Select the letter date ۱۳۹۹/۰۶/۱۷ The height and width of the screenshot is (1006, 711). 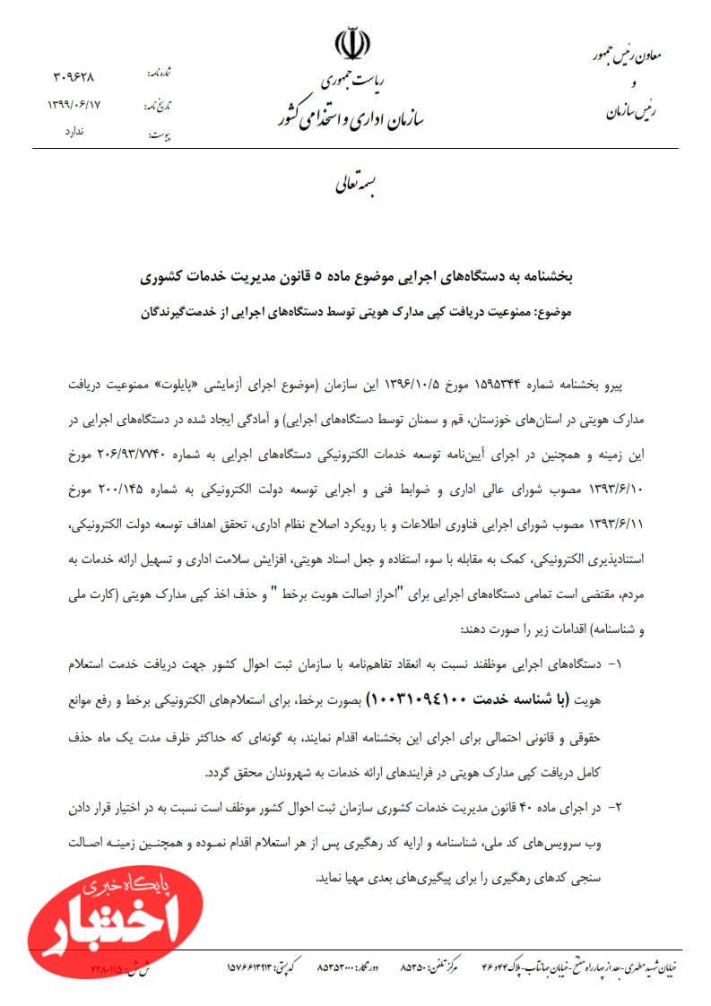tap(74, 105)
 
